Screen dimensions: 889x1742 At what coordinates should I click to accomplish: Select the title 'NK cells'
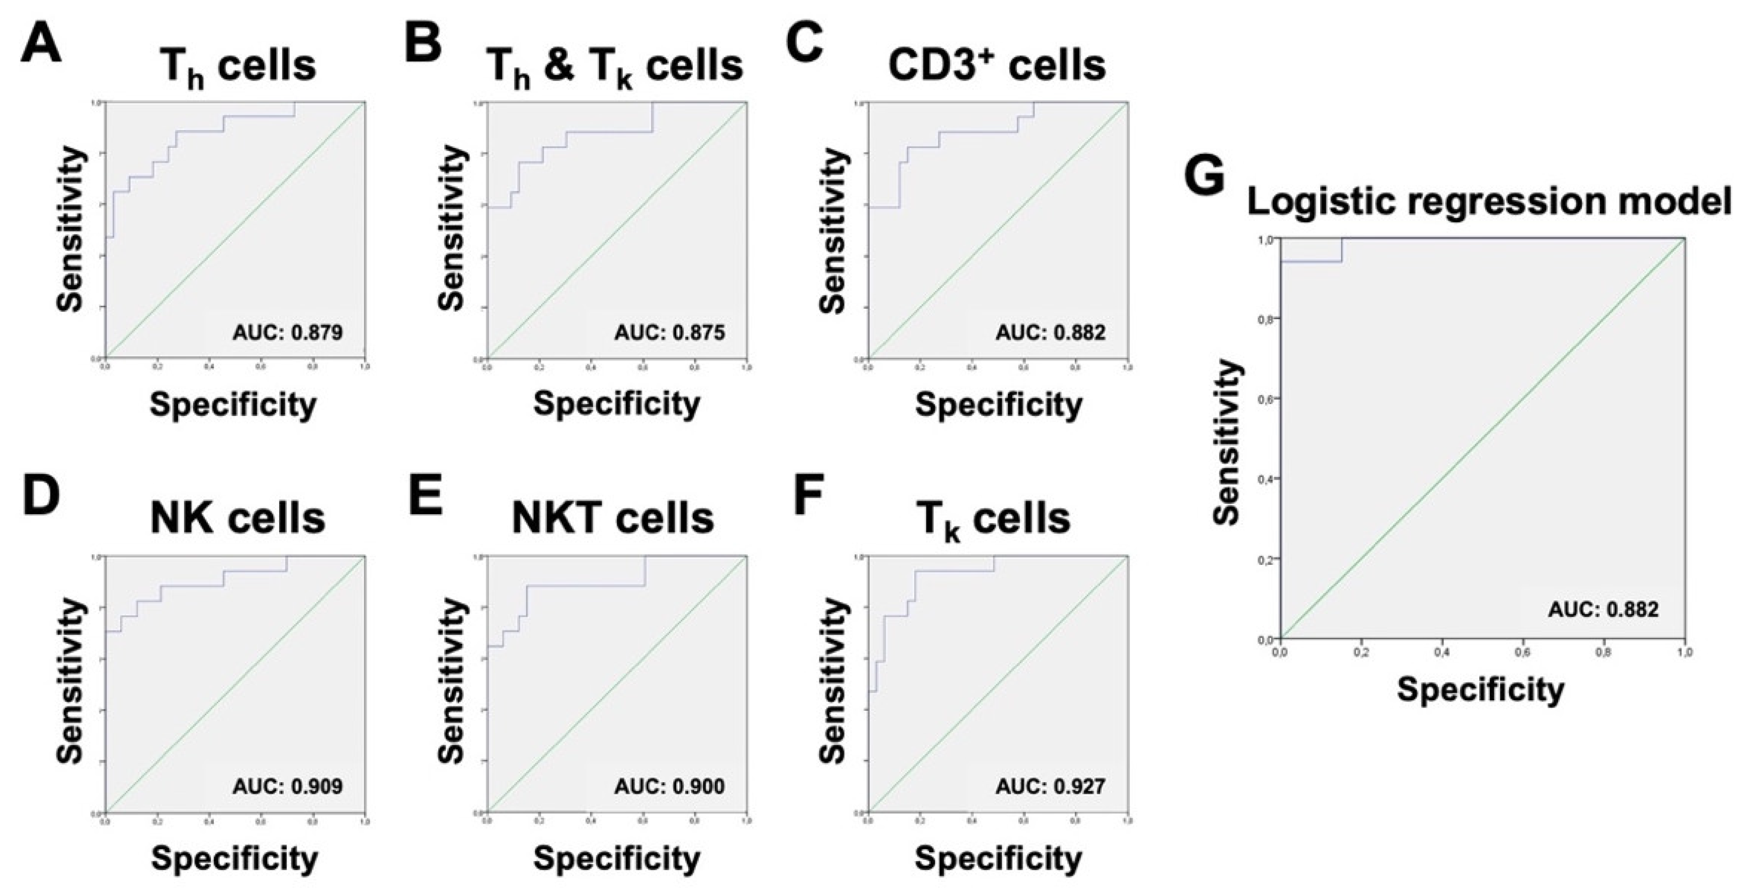tap(238, 518)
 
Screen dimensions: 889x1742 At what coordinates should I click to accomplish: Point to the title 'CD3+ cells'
tap(997, 66)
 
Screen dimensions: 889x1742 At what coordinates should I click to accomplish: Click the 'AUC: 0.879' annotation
tap(287, 332)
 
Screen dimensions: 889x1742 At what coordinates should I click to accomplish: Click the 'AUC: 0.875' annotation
tap(669, 332)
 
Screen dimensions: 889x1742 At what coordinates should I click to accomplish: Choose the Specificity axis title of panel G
tap(1481, 690)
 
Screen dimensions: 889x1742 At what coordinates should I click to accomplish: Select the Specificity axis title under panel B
tap(617, 404)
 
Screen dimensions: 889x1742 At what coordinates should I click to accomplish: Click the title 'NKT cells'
tap(613, 518)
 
